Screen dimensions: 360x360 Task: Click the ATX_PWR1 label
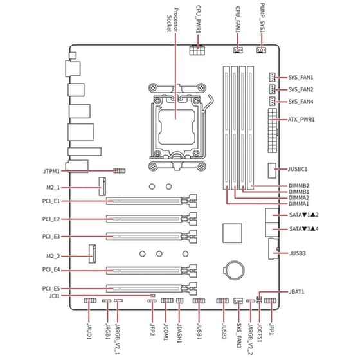(301, 120)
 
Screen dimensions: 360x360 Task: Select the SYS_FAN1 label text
(301, 77)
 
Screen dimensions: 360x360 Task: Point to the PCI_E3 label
(51, 237)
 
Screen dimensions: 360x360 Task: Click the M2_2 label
(51, 255)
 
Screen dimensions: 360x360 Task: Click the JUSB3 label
(298, 253)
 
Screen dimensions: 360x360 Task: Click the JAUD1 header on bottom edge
(89, 301)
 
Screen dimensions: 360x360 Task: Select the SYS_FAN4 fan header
(272, 102)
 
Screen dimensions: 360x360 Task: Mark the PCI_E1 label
(51, 201)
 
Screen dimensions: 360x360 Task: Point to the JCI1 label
(54, 296)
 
